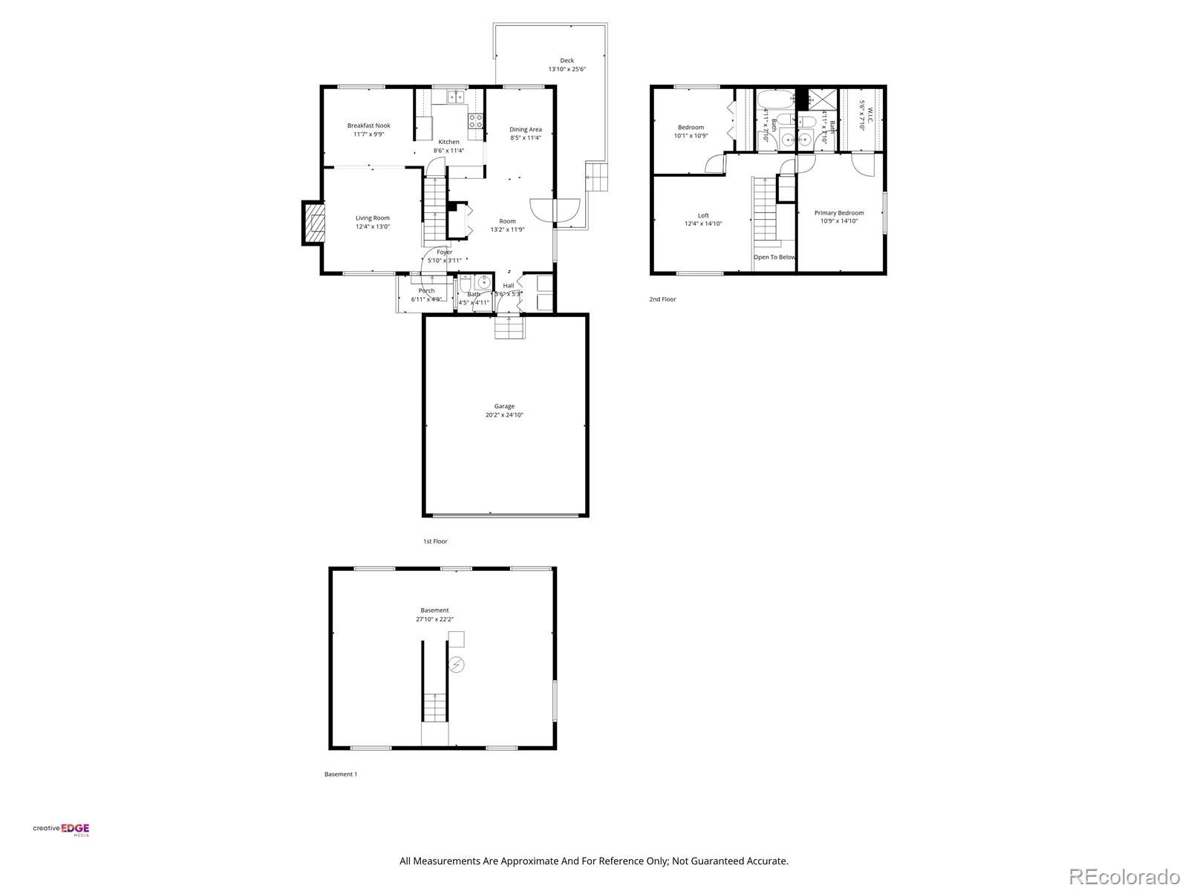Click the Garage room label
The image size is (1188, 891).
click(x=504, y=406)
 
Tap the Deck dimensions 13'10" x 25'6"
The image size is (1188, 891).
click(x=567, y=69)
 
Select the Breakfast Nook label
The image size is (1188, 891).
click(x=368, y=125)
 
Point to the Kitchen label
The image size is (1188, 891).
click(x=448, y=142)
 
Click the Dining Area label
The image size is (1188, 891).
click(x=525, y=129)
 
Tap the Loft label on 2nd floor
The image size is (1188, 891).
click(x=703, y=215)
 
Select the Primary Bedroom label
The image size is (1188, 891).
click(x=839, y=212)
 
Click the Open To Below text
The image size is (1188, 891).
click(x=774, y=257)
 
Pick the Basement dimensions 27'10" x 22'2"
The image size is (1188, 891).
click(x=434, y=619)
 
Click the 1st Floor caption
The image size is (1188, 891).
click(x=435, y=541)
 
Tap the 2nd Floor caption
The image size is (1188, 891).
click(x=662, y=299)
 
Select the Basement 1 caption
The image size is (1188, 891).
click(x=341, y=774)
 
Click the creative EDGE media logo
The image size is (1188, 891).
click(x=61, y=830)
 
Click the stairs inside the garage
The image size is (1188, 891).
click(x=509, y=327)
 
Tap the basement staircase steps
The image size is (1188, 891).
click(x=435, y=707)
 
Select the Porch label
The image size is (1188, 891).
click(x=426, y=290)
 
